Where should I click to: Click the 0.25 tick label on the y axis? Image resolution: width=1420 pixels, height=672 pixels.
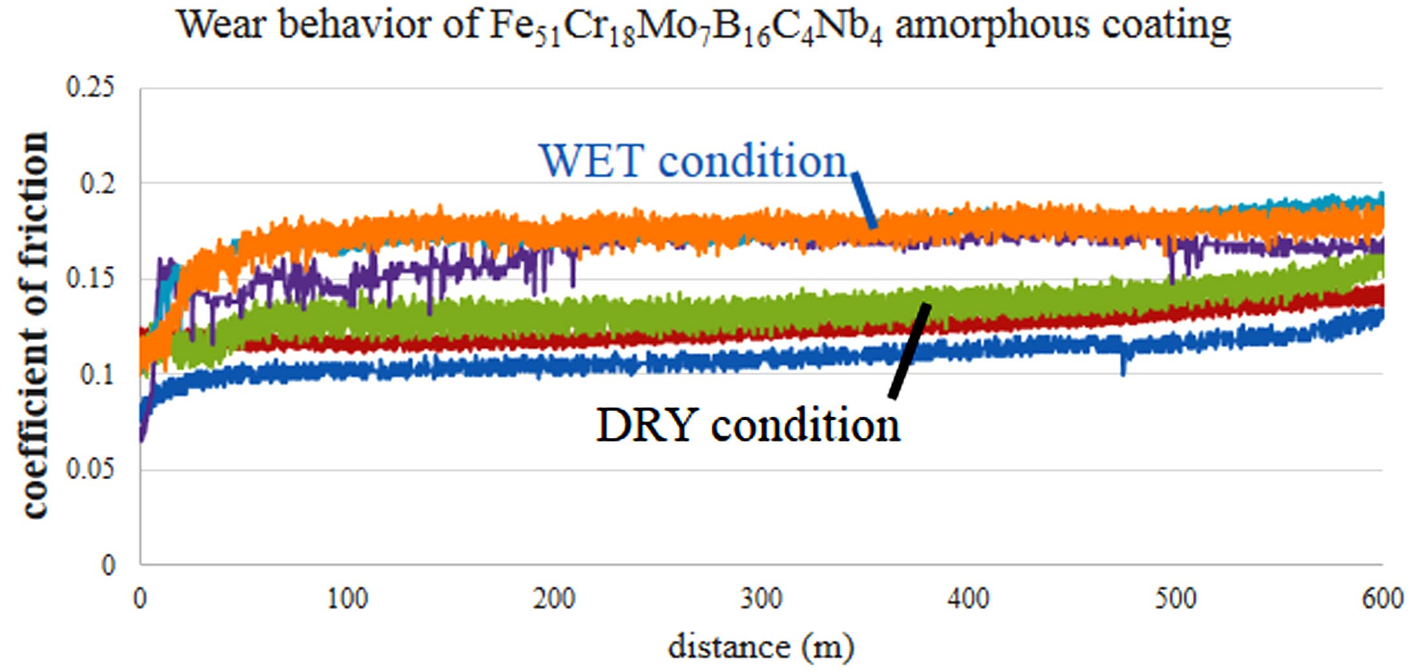tap(90, 88)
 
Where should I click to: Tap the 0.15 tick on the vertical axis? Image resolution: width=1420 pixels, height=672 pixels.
tap(90, 279)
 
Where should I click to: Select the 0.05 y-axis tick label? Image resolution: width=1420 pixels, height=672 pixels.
tap(90, 470)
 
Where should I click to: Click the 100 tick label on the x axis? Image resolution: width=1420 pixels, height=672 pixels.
tap(347, 599)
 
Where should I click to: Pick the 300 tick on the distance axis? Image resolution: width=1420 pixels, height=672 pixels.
tap(761, 599)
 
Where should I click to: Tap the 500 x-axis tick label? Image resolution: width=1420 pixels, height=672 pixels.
tap(1175, 599)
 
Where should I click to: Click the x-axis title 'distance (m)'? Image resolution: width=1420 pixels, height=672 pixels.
tap(761, 647)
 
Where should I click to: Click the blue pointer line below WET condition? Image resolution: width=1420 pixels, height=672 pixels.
tap(864, 201)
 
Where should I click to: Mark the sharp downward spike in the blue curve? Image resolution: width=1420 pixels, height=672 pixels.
tap(1123, 367)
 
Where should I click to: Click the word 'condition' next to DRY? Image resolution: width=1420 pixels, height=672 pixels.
tap(805, 426)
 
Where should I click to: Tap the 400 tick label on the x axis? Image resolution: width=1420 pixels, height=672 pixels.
tap(968, 599)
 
